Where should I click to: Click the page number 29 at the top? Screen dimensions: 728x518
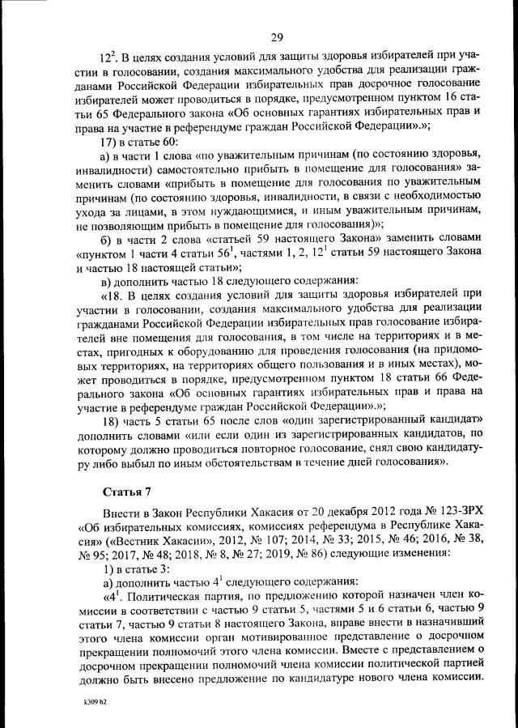[x=276, y=36]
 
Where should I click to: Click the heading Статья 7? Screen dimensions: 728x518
[x=128, y=492]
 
